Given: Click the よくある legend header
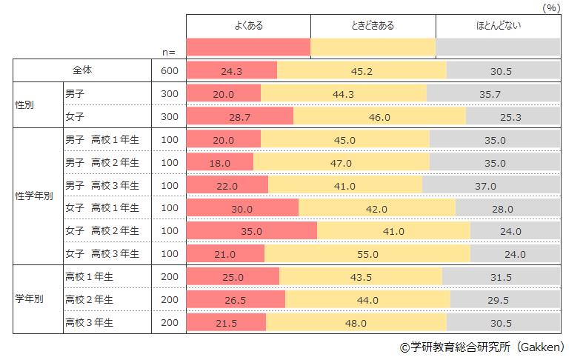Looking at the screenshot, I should click(248, 26).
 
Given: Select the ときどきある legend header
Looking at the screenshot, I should click(373, 26).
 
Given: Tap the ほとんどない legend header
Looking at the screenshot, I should click(498, 26).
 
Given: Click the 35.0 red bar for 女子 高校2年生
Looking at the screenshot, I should click(252, 231).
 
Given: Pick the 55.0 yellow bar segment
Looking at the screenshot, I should click(367, 254).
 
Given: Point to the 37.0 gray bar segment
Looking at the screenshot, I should click(491, 185).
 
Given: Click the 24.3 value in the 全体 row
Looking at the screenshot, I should click(232, 71).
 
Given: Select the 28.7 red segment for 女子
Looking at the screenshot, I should click(239, 117).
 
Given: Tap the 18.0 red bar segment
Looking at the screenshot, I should click(220, 162).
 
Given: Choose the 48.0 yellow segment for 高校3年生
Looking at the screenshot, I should click(356, 323).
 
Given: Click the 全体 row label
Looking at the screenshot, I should click(81, 70).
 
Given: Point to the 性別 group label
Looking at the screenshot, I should click(26, 105).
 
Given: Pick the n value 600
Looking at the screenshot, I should click(170, 71).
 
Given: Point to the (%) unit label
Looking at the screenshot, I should click(550, 7).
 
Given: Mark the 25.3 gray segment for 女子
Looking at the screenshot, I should click(513, 117).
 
